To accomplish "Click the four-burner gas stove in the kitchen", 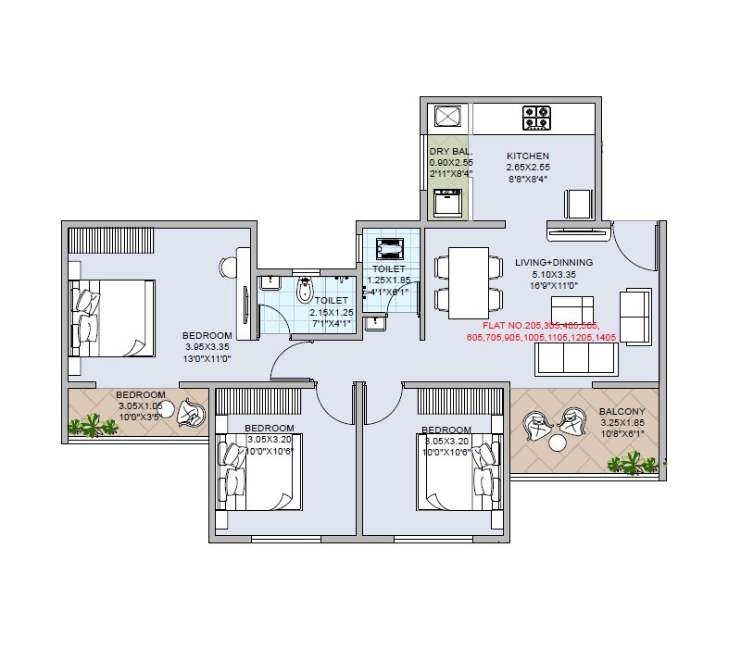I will click(537, 118).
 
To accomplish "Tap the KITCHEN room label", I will click(528, 156).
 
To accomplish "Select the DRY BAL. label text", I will click(451, 151).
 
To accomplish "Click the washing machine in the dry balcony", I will click(448, 202).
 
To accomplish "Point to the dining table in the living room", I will click(468, 282).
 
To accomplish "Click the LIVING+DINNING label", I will click(554, 262).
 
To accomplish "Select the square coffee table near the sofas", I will click(567, 307).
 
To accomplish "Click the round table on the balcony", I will click(557, 442).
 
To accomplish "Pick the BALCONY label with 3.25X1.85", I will click(622, 412).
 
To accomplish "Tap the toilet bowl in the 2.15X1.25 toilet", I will click(302, 293).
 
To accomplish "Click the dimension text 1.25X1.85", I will click(388, 280).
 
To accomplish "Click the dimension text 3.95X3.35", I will click(207, 347).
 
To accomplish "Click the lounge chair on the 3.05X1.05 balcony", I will click(193, 414).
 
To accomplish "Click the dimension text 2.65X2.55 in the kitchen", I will click(528, 168).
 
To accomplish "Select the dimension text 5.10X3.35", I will click(554, 274).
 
